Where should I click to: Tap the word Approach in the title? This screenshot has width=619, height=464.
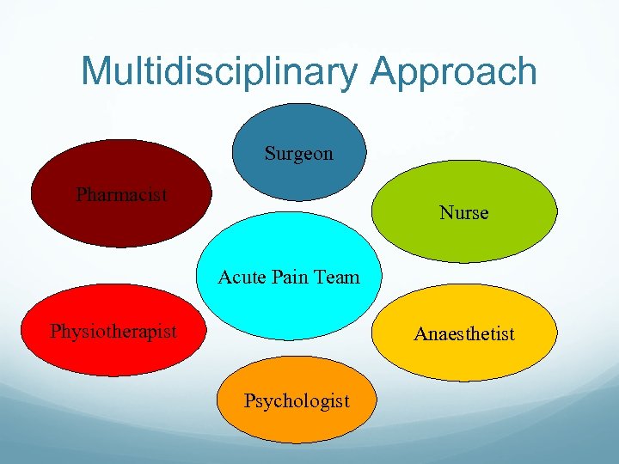(x=454, y=71)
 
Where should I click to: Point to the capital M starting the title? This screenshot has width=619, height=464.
(x=96, y=71)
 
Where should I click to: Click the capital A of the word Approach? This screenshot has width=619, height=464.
(x=387, y=71)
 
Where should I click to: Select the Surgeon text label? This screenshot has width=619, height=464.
(x=298, y=154)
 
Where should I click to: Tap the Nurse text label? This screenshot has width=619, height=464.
(x=463, y=212)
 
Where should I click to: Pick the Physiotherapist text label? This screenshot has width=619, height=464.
(x=113, y=331)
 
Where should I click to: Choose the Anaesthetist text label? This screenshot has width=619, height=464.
(x=463, y=333)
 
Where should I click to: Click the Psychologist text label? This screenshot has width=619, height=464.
(x=297, y=400)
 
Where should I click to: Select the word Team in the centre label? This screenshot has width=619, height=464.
(x=338, y=277)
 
